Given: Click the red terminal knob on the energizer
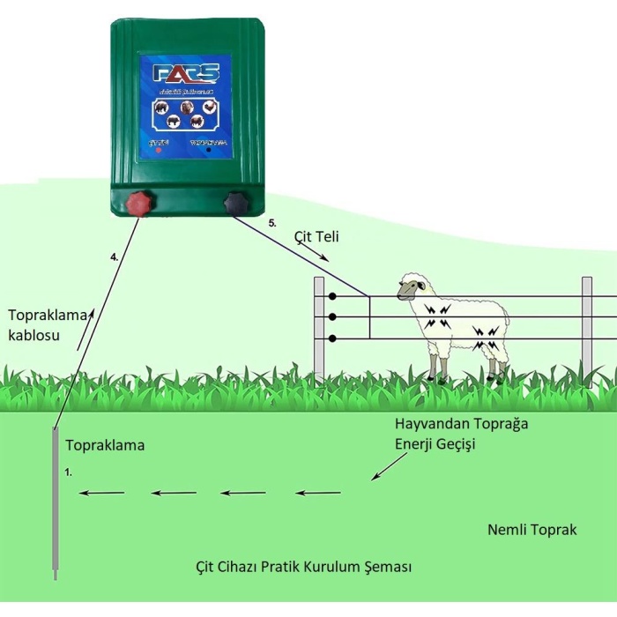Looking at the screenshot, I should coord(138,204).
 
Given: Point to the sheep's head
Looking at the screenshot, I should coord(413,286).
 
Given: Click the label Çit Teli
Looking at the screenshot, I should coord(316,236).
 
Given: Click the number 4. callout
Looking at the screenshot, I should coord(115,256).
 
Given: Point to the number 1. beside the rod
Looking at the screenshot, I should coord(69,472).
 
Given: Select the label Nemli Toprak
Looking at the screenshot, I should coord(532,530).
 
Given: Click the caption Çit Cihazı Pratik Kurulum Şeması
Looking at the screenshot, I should coord(303,566).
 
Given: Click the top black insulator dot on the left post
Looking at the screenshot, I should coord(331,296).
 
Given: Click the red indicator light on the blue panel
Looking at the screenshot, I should coord(159,151).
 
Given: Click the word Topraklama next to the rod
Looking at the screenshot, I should coord(105,445).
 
